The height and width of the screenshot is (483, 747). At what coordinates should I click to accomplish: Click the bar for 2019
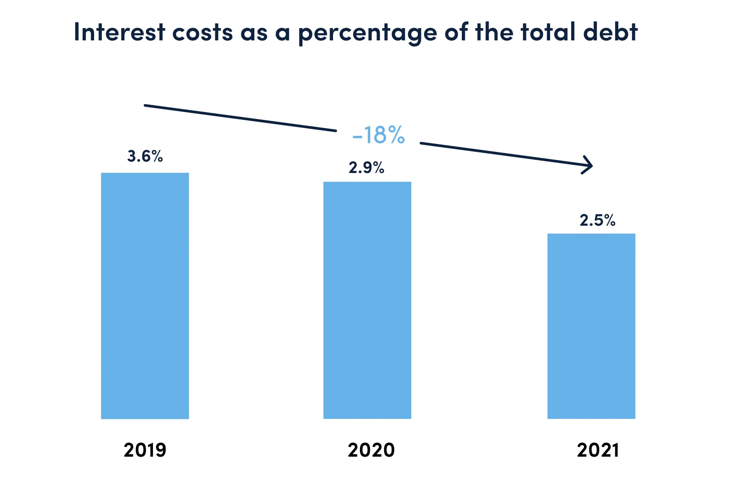click(x=145, y=296)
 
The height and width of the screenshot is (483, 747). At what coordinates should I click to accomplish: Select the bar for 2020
click(x=367, y=300)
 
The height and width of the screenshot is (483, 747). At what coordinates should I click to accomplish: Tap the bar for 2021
click(x=591, y=326)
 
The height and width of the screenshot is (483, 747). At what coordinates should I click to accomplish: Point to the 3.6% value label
click(x=145, y=156)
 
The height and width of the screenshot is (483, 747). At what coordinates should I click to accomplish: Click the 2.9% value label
click(x=366, y=167)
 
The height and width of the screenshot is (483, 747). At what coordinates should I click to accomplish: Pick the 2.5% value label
click(x=597, y=220)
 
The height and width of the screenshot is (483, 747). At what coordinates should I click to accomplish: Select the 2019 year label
click(x=145, y=450)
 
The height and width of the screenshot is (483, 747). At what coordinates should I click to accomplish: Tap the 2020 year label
click(x=371, y=450)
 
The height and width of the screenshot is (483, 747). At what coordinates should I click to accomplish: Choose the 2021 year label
click(x=598, y=450)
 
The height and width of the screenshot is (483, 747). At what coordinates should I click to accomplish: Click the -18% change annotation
click(x=379, y=135)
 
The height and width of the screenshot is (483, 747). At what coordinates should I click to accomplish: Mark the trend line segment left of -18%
click(x=240, y=118)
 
